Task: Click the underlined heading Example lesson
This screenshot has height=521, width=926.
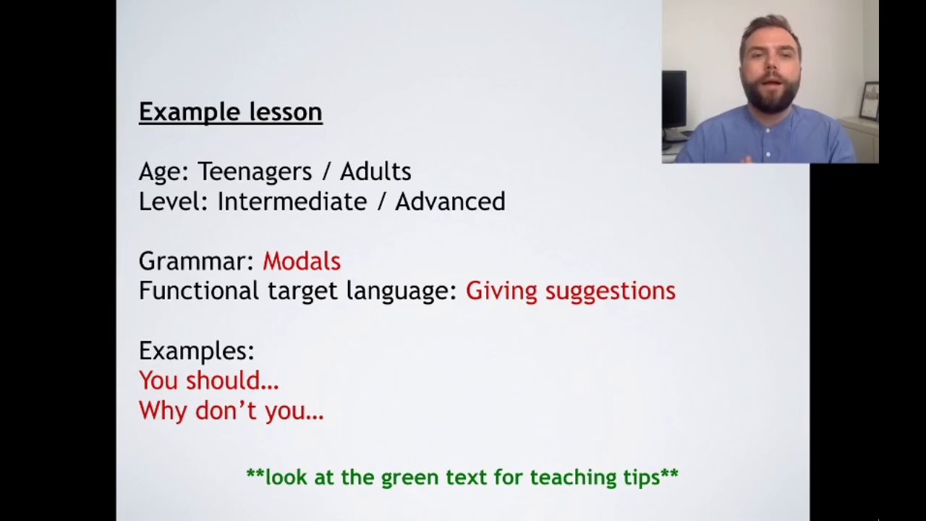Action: pyautogui.click(x=230, y=112)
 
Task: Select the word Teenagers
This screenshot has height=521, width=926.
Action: pyautogui.click(x=254, y=171)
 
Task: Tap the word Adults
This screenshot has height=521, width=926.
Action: pyautogui.click(x=375, y=171)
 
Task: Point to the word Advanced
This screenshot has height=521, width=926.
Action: pyautogui.click(x=449, y=201)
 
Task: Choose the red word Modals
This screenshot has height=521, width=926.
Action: pyautogui.click(x=301, y=261)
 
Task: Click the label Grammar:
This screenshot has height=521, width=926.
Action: pyautogui.click(x=196, y=261)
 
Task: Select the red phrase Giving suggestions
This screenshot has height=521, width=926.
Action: pyautogui.click(x=570, y=291)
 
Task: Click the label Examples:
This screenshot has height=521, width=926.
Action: pyautogui.click(x=196, y=351)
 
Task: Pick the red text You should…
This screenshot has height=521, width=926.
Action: pyautogui.click(x=208, y=381)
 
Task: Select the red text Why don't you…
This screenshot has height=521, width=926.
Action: pyautogui.click(x=231, y=411)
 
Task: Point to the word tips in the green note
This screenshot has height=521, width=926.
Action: pyautogui.click(x=640, y=478)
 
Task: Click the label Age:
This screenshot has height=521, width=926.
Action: pyautogui.click(x=163, y=171)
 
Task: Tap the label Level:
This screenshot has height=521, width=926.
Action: pyautogui.click(x=174, y=201)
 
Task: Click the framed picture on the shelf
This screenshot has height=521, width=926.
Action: pyautogui.click(x=868, y=101)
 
